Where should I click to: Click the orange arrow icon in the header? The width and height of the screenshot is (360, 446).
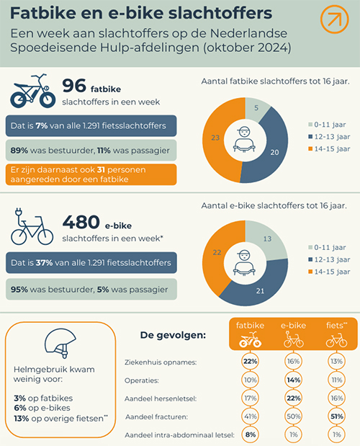tap(334, 19)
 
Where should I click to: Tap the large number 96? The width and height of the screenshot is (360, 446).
tap(74, 86)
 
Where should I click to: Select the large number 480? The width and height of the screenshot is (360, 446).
tap(81, 222)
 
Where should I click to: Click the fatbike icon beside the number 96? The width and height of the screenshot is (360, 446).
tap(32, 91)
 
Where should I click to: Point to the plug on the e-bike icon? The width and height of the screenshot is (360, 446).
tap(18, 213)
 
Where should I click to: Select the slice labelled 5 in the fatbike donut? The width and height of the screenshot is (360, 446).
tap(257, 109)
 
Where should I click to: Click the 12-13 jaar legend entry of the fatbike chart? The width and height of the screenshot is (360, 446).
tap(329, 137)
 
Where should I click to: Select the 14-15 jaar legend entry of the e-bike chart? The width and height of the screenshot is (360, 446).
tap(329, 272)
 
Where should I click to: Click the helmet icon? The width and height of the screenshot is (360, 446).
tap(60, 343)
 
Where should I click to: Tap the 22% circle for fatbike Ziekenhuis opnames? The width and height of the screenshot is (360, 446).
tap(250, 362)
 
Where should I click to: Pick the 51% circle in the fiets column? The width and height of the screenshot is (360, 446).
tap(337, 416)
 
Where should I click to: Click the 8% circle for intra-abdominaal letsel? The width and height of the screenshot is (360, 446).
tap(250, 434)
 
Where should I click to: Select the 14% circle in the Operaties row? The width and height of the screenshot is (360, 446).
tap(293, 380)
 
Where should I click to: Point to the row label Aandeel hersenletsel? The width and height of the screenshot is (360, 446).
tap(161, 398)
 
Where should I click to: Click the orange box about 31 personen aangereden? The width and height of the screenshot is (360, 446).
tap(91, 174)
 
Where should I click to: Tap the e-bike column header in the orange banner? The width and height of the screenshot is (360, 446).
tap(293, 334)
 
